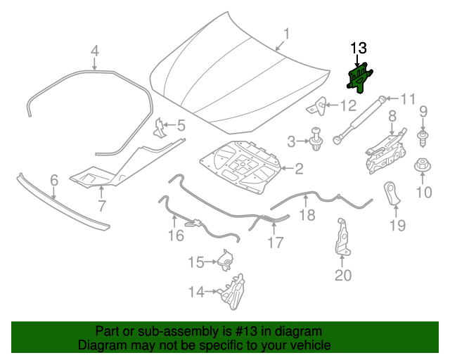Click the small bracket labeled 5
160,127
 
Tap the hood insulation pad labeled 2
243,169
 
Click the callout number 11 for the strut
409,98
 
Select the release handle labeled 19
392,193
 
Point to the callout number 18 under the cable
308,216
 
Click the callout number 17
275,243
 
